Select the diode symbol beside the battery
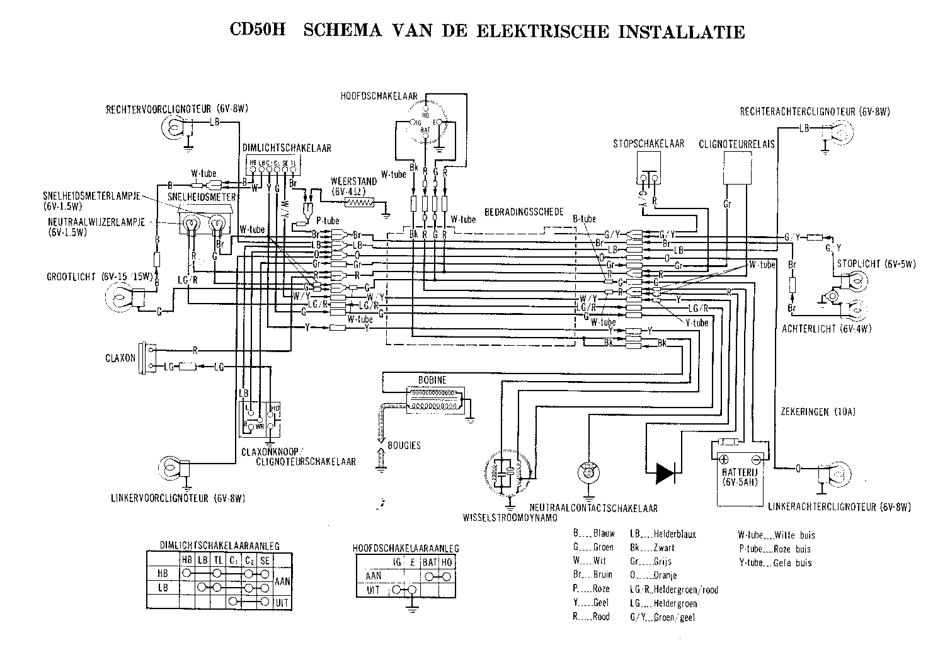point(664,472)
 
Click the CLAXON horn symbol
point(150,358)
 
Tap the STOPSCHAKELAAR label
point(648,144)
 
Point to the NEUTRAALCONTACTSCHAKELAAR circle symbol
point(589,472)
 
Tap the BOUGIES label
point(404,445)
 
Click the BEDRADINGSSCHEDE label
point(524,212)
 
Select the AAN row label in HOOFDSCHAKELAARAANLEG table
point(374,576)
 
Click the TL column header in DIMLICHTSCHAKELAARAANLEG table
point(217,560)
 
